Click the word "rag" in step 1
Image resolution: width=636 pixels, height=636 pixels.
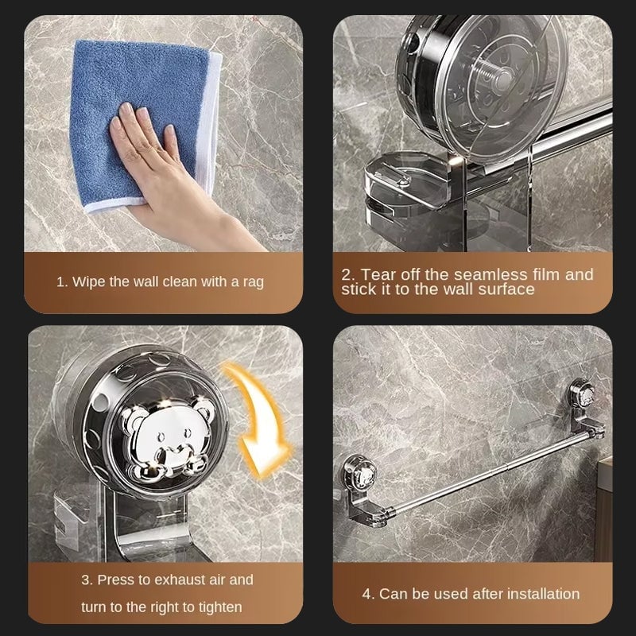click(253, 282)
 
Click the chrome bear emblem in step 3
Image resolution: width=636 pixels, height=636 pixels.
click(167, 436)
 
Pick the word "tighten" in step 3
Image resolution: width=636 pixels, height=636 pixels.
click(220, 607)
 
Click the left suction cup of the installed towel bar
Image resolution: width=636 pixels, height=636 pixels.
click(359, 472)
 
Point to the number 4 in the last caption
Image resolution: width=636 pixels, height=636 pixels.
click(366, 595)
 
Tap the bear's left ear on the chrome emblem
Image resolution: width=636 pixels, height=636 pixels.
click(130, 417)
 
